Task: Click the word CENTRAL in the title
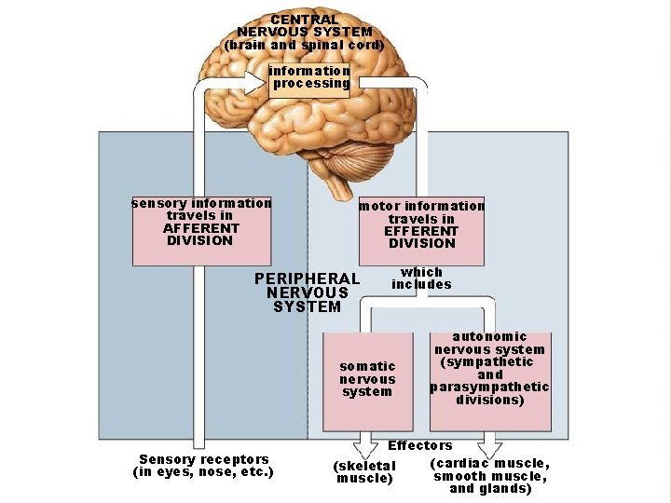click(x=305, y=20)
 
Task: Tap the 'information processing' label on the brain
click(x=310, y=77)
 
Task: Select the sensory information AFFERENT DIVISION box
click(x=201, y=229)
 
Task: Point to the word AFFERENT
click(x=200, y=228)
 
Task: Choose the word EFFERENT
click(x=421, y=231)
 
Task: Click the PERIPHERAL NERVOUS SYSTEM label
click(x=307, y=292)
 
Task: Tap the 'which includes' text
click(x=421, y=279)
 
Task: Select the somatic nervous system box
click(x=367, y=379)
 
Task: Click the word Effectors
click(x=420, y=446)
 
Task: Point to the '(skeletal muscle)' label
click(x=364, y=472)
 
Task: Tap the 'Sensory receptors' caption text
click(x=203, y=459)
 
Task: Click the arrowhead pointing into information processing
click(x=255, y=81)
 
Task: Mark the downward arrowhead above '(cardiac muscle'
click(x=491, y=446)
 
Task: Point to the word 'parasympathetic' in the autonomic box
click(x=490, y=387)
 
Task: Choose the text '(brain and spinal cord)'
click(x=304, y=45)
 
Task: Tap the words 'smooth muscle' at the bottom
click(x=490, y=477)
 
